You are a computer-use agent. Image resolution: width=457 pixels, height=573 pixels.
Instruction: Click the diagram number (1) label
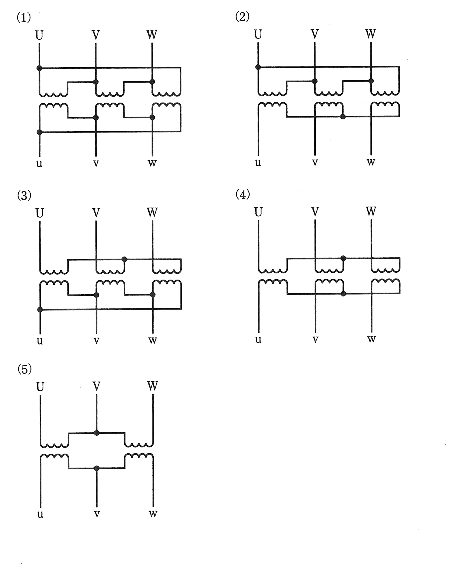coord(24,18)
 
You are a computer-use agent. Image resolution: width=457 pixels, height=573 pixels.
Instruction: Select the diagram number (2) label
coord(242,17)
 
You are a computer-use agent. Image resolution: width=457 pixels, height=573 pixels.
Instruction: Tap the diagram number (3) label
coord(24,195)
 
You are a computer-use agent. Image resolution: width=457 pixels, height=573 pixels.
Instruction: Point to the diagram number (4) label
coord(243,194)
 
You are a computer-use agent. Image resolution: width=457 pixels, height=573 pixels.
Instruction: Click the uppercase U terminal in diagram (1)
coord(39,35)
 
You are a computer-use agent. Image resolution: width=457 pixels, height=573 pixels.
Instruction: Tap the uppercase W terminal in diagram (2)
coord(371,34)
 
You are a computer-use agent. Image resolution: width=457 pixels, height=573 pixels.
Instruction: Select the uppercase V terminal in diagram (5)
coord(97,386)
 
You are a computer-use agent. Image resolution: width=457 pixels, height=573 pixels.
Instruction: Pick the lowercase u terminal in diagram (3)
coord(40,340)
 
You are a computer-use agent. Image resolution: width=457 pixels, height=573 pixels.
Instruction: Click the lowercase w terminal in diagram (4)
coord(371,339)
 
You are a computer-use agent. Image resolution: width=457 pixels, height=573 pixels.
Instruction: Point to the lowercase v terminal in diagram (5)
coord(97,514)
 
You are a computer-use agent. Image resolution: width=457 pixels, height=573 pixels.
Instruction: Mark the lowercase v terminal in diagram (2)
coord(315,162)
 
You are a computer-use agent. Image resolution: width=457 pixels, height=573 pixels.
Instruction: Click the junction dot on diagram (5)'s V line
coord(97,433)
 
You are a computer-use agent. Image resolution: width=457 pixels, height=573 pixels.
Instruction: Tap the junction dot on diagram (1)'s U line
coord(39,68)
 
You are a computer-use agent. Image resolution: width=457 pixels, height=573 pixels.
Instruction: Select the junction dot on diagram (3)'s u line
coord(40,309)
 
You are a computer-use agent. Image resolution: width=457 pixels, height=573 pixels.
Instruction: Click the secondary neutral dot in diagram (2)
coord(343,116)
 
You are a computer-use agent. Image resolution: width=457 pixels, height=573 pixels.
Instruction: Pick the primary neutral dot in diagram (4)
coord(343,258)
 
